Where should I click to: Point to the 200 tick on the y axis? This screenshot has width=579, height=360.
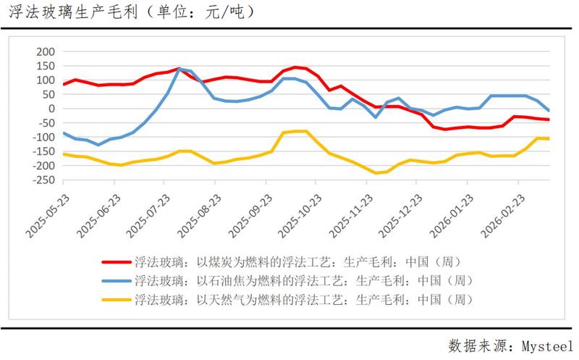click(45, 52)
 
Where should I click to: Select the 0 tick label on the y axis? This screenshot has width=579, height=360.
click(51, 109)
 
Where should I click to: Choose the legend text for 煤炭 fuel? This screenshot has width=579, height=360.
click(297, 261)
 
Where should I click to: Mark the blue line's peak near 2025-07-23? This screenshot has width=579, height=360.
click(179, 69)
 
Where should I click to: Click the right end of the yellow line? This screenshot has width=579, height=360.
click(548, 138)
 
